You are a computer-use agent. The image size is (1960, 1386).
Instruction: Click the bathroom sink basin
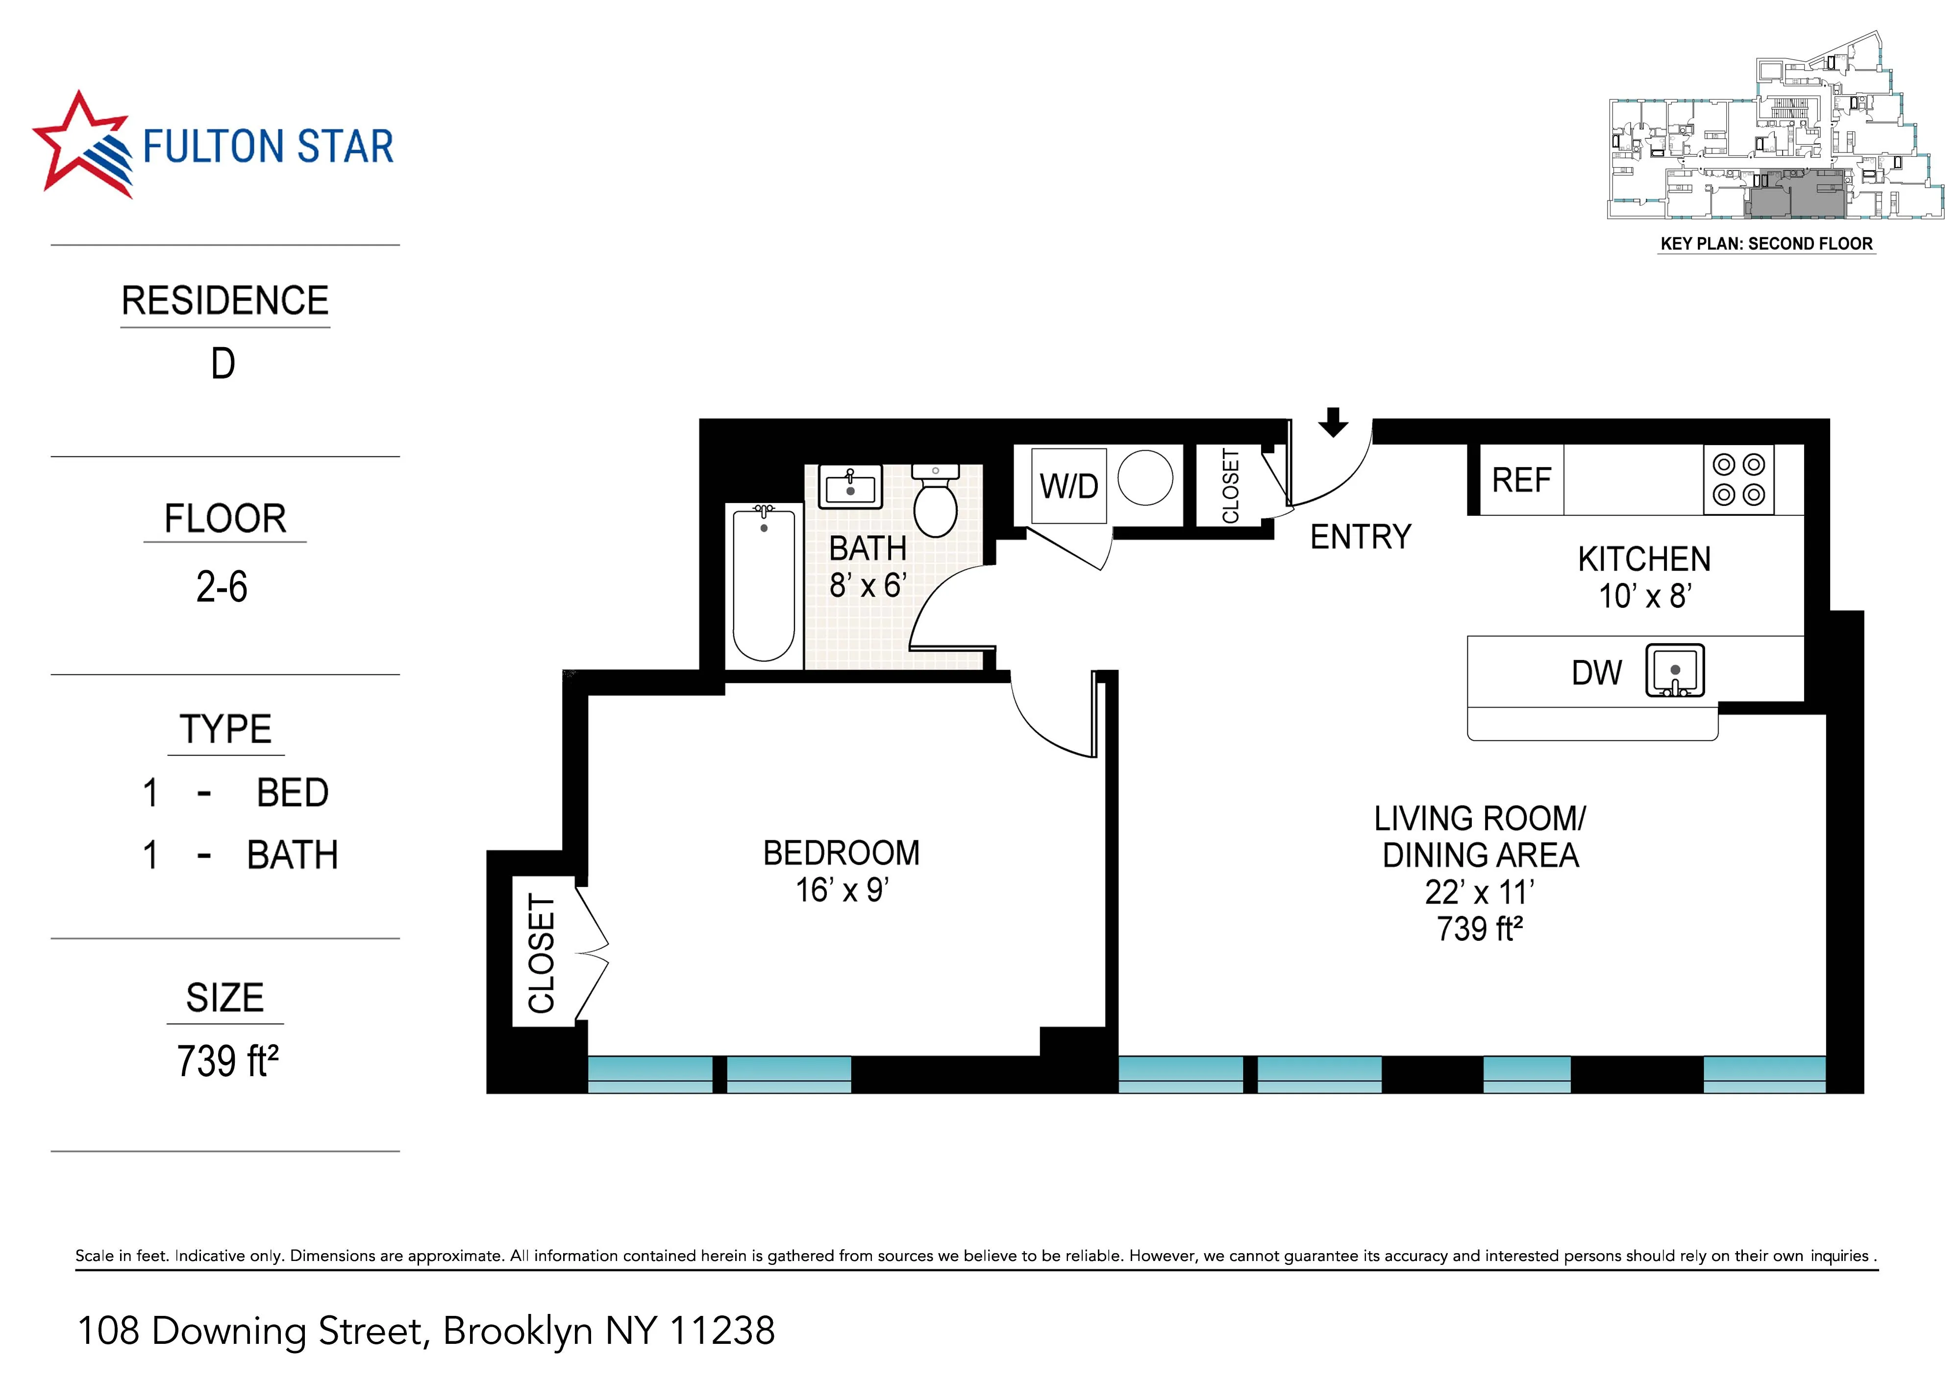850,488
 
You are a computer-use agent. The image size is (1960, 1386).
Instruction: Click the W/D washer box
1069,486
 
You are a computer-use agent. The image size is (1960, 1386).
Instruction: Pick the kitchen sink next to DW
1674,670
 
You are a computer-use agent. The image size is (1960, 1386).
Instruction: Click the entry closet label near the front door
1230,486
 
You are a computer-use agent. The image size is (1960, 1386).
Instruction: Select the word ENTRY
1360,537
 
